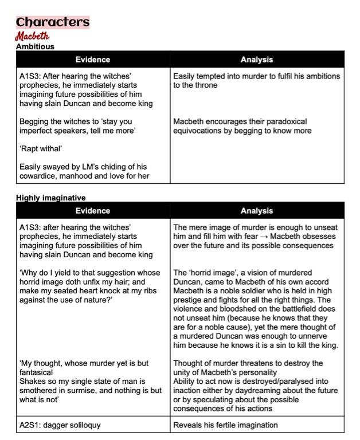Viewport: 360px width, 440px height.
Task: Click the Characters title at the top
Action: click(x=53, y=22)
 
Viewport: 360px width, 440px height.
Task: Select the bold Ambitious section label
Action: click(x=35, y=46)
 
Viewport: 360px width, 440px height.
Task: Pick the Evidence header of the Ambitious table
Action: click(x=92, y=60)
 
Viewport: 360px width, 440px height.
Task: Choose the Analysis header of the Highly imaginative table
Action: click(x=257, y=211)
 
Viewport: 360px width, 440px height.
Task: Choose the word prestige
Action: click(x=190, y=300)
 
